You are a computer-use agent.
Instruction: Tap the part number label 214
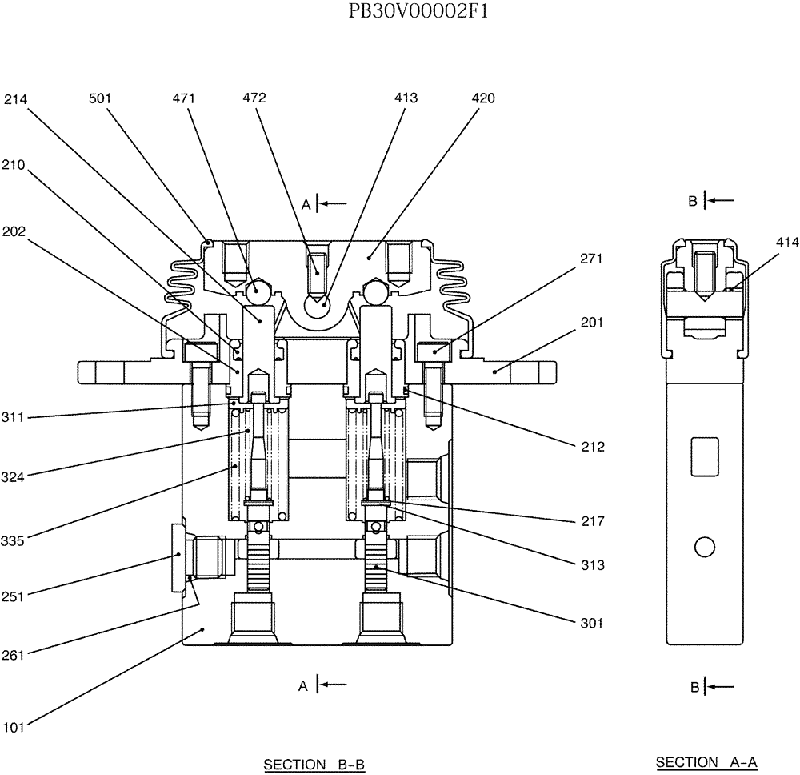click(15, 99)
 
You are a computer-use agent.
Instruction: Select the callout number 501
click(100, 98)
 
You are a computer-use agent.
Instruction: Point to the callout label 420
click(483, 98)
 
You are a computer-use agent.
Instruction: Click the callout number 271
click(592, 259)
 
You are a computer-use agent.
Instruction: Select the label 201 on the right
click(592, 322)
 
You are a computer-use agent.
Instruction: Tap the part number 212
click(593, 447)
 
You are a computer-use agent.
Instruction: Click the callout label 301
click(593, 622)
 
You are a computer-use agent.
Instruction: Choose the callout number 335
click(13, 540)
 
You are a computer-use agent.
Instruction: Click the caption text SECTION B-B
click(314, 765)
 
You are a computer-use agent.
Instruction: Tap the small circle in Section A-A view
click(704, 547)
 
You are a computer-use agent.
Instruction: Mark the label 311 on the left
click(13, 417)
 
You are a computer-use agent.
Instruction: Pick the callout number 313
click(593, 564)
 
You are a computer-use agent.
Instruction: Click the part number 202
click(14, 232)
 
